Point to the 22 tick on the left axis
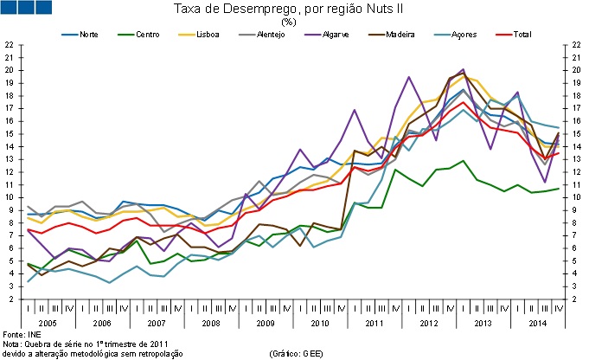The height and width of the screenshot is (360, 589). coord(8,44)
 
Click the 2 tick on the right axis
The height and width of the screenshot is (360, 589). coord(576,299)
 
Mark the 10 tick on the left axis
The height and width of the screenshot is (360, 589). coord(8,196)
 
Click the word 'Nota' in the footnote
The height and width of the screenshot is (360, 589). coord(11,344)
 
